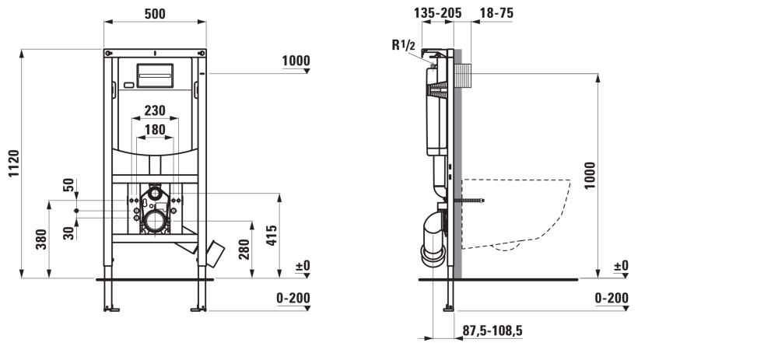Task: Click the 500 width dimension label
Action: [x=155, y=14]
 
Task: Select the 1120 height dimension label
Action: [x=13, y=163]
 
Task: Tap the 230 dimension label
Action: [x=155, y=110]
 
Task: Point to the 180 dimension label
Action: [x=155, y=130]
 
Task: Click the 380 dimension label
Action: [x=42, y=239]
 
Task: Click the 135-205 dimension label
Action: [x=437, y=13]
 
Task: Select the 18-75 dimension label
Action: [x=496, y=13]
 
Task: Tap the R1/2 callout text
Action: [x=402, y=45]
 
